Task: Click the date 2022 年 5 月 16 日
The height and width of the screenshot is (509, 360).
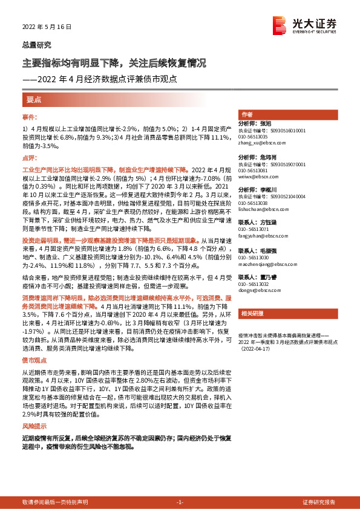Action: pos(47,27)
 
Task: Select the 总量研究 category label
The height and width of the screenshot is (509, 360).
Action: pos(37,45)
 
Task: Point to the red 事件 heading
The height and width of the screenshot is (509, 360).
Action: pos(30,116)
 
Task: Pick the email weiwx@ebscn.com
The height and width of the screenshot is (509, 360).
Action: pos(257,178)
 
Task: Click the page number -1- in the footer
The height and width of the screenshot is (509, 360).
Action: pos(179,502)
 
